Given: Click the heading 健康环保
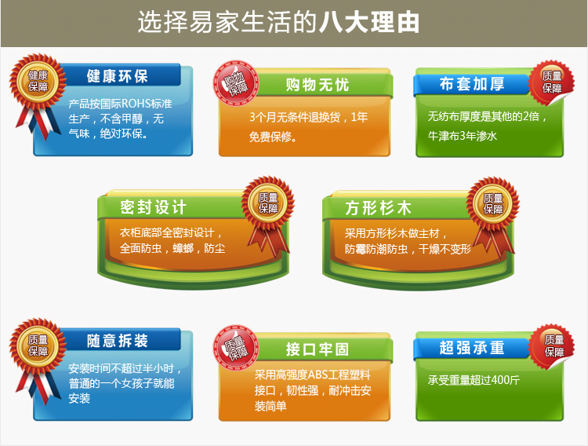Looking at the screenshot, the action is click(118, 76).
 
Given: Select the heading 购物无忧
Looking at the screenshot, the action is click(318, 85).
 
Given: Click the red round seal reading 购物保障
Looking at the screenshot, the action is click(236, 83).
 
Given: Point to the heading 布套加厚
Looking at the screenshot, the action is click(472, 84).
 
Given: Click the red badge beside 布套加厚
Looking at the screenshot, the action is click(551, 82).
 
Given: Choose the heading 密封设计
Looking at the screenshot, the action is click(153, 207).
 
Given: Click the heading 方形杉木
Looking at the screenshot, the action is click(378, 208).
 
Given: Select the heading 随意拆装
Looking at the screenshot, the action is click(118, 341).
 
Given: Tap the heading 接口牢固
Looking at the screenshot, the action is click(318, 349).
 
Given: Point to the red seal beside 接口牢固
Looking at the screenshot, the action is click(236, 348).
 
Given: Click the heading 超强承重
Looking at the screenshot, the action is click(472, 348).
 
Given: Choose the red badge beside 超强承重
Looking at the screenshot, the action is click(551, 347).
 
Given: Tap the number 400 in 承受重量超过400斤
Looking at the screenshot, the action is click(501, 380).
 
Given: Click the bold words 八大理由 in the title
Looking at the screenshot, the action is click(369, 23).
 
